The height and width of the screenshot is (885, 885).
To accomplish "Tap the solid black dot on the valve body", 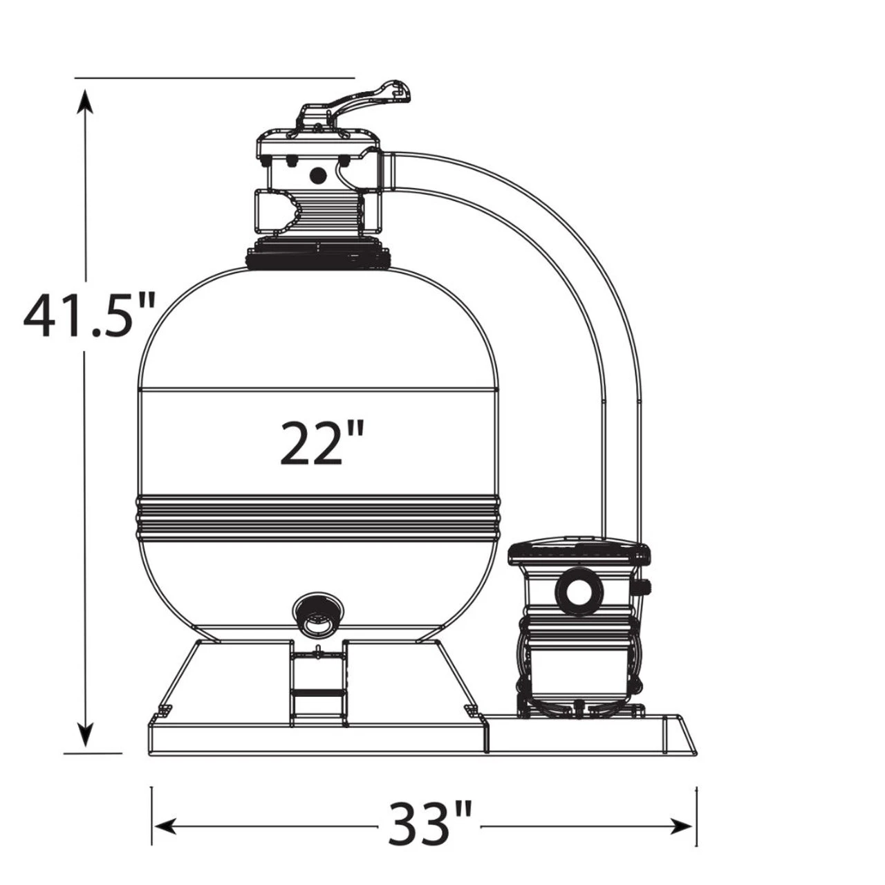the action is [x=318, y=176].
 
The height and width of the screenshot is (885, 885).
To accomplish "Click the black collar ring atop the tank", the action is [x=318, y=258].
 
